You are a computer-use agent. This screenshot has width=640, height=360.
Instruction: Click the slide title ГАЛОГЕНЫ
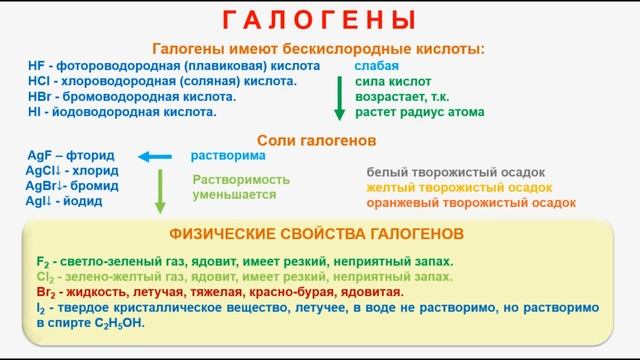319,20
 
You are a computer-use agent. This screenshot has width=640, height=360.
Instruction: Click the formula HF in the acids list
37,65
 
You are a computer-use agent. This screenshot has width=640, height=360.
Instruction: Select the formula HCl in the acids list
39,81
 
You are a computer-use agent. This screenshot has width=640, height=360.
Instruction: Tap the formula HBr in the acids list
40,97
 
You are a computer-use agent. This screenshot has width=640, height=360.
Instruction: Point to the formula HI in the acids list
36,113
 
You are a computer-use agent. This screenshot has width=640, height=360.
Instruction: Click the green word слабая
375,65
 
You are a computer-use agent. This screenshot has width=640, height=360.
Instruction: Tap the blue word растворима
229,157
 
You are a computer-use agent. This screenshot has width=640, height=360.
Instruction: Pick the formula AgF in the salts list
42,157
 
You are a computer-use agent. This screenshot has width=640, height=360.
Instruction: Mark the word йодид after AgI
83,201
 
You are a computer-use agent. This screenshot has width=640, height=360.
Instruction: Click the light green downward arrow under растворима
159,190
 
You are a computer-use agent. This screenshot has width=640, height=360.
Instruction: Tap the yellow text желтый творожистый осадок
457,187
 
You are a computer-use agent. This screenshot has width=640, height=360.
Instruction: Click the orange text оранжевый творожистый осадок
470,202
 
